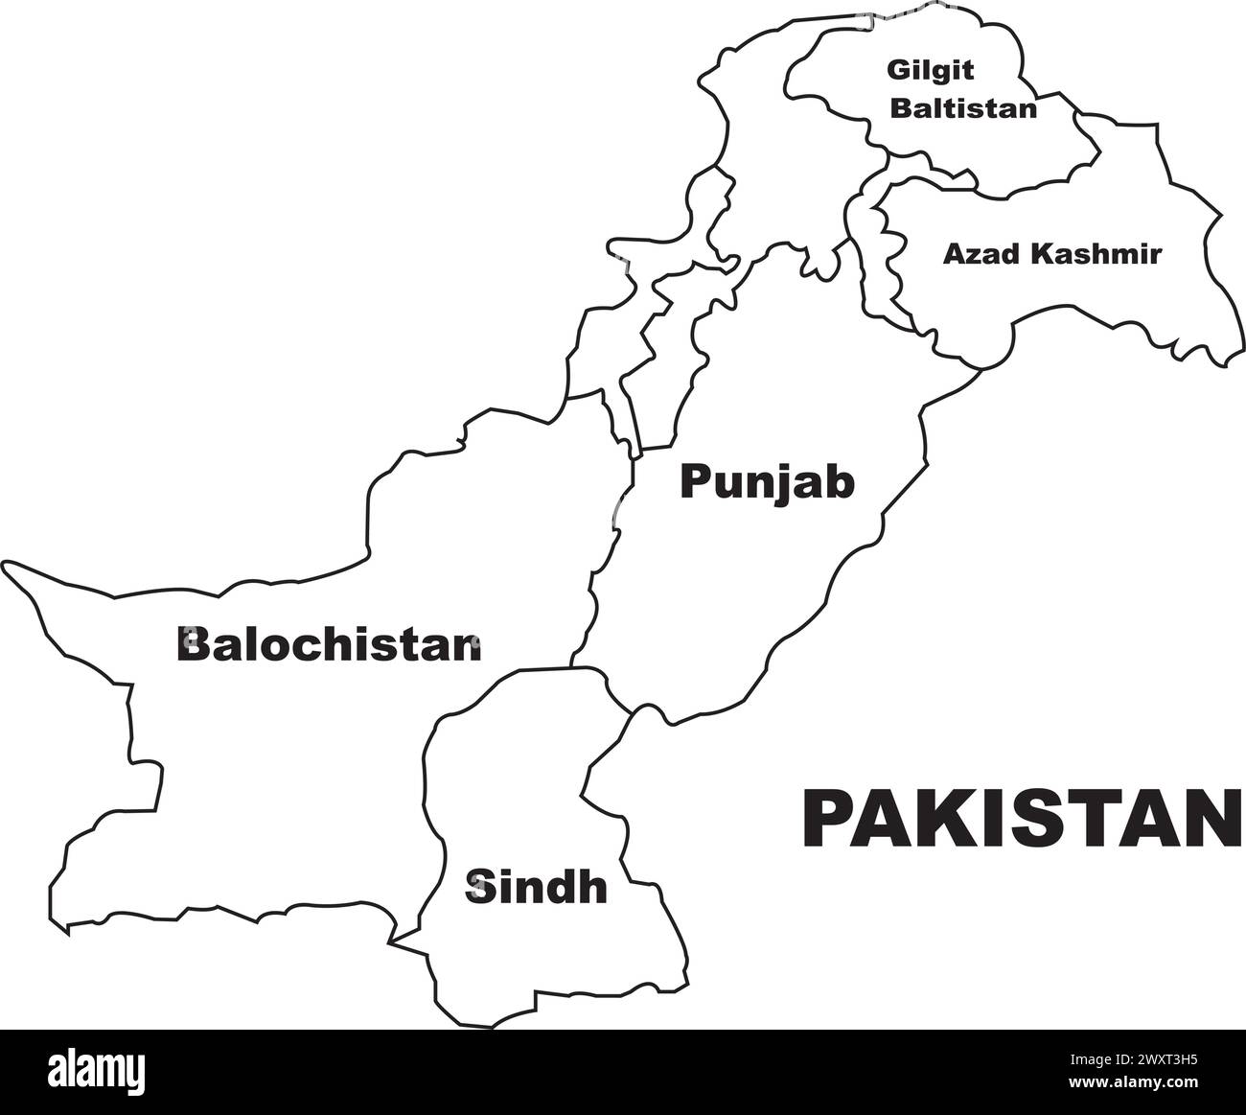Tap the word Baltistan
[963, 107]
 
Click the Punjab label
[767, 483]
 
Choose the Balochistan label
[328, 644]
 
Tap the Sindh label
[536, 887]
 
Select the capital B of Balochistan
[193, 644]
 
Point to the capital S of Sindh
[477, 887]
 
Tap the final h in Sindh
[594, 887]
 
